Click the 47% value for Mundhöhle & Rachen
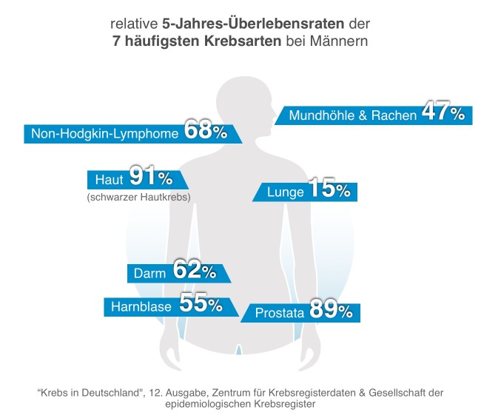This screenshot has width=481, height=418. pyautogui.click(x=443, y=113)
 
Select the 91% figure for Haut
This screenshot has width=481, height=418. pyautogui.click(x=150, y=178)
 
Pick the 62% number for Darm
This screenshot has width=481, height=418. pyautogui.click(x=194, y=272)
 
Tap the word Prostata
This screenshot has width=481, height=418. pyautogui.click(x=279, y=314)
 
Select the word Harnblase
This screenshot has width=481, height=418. pyautogui.click(x=141, y=306)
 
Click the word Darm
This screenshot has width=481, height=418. pyautogui.click(x=149, y=274)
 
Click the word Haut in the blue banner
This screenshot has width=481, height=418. pyautogui.click(x=110, y=180)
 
